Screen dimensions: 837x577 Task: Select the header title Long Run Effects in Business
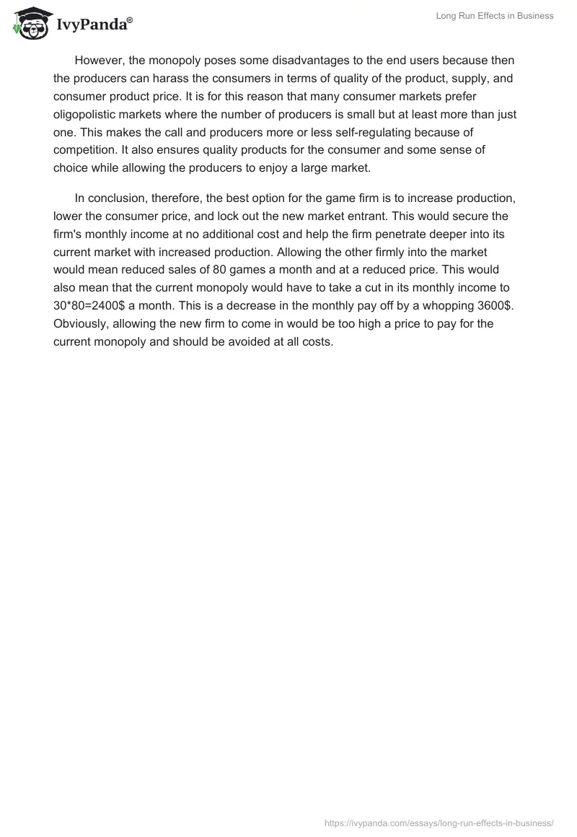495,16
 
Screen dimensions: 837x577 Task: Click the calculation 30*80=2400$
94,306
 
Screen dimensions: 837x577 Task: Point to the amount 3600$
492,306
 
